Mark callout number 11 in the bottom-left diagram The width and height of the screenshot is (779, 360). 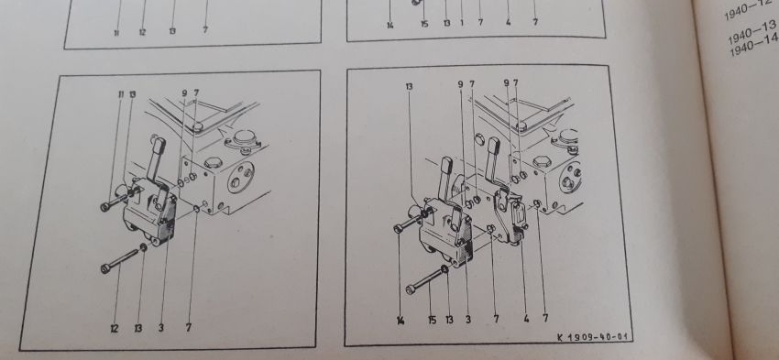point(120,93)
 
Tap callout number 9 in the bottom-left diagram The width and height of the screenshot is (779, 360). point(184,93)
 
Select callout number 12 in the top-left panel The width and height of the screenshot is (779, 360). point(142,32)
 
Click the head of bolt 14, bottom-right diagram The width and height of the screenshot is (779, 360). point(397,229)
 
